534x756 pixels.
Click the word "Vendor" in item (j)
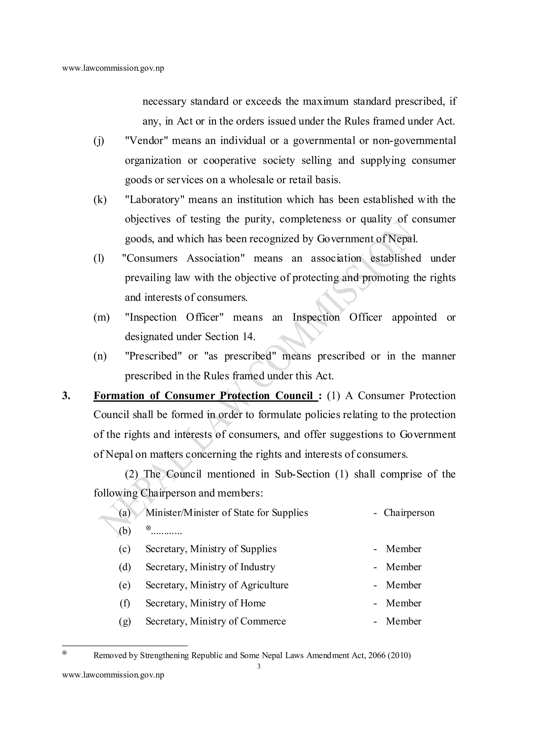tap(147, 141)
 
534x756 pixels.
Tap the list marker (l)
tap(99, 259)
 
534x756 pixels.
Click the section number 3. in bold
tap(66, 396)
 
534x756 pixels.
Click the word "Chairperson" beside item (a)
tap(409, 513)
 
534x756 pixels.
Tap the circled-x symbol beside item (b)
tap(148, 528)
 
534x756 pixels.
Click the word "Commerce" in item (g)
tap(263, 621)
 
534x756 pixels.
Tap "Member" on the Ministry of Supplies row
tap(403, 549)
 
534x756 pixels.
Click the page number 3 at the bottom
tap(259, 667)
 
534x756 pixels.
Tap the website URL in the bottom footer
tap(113, 675)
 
